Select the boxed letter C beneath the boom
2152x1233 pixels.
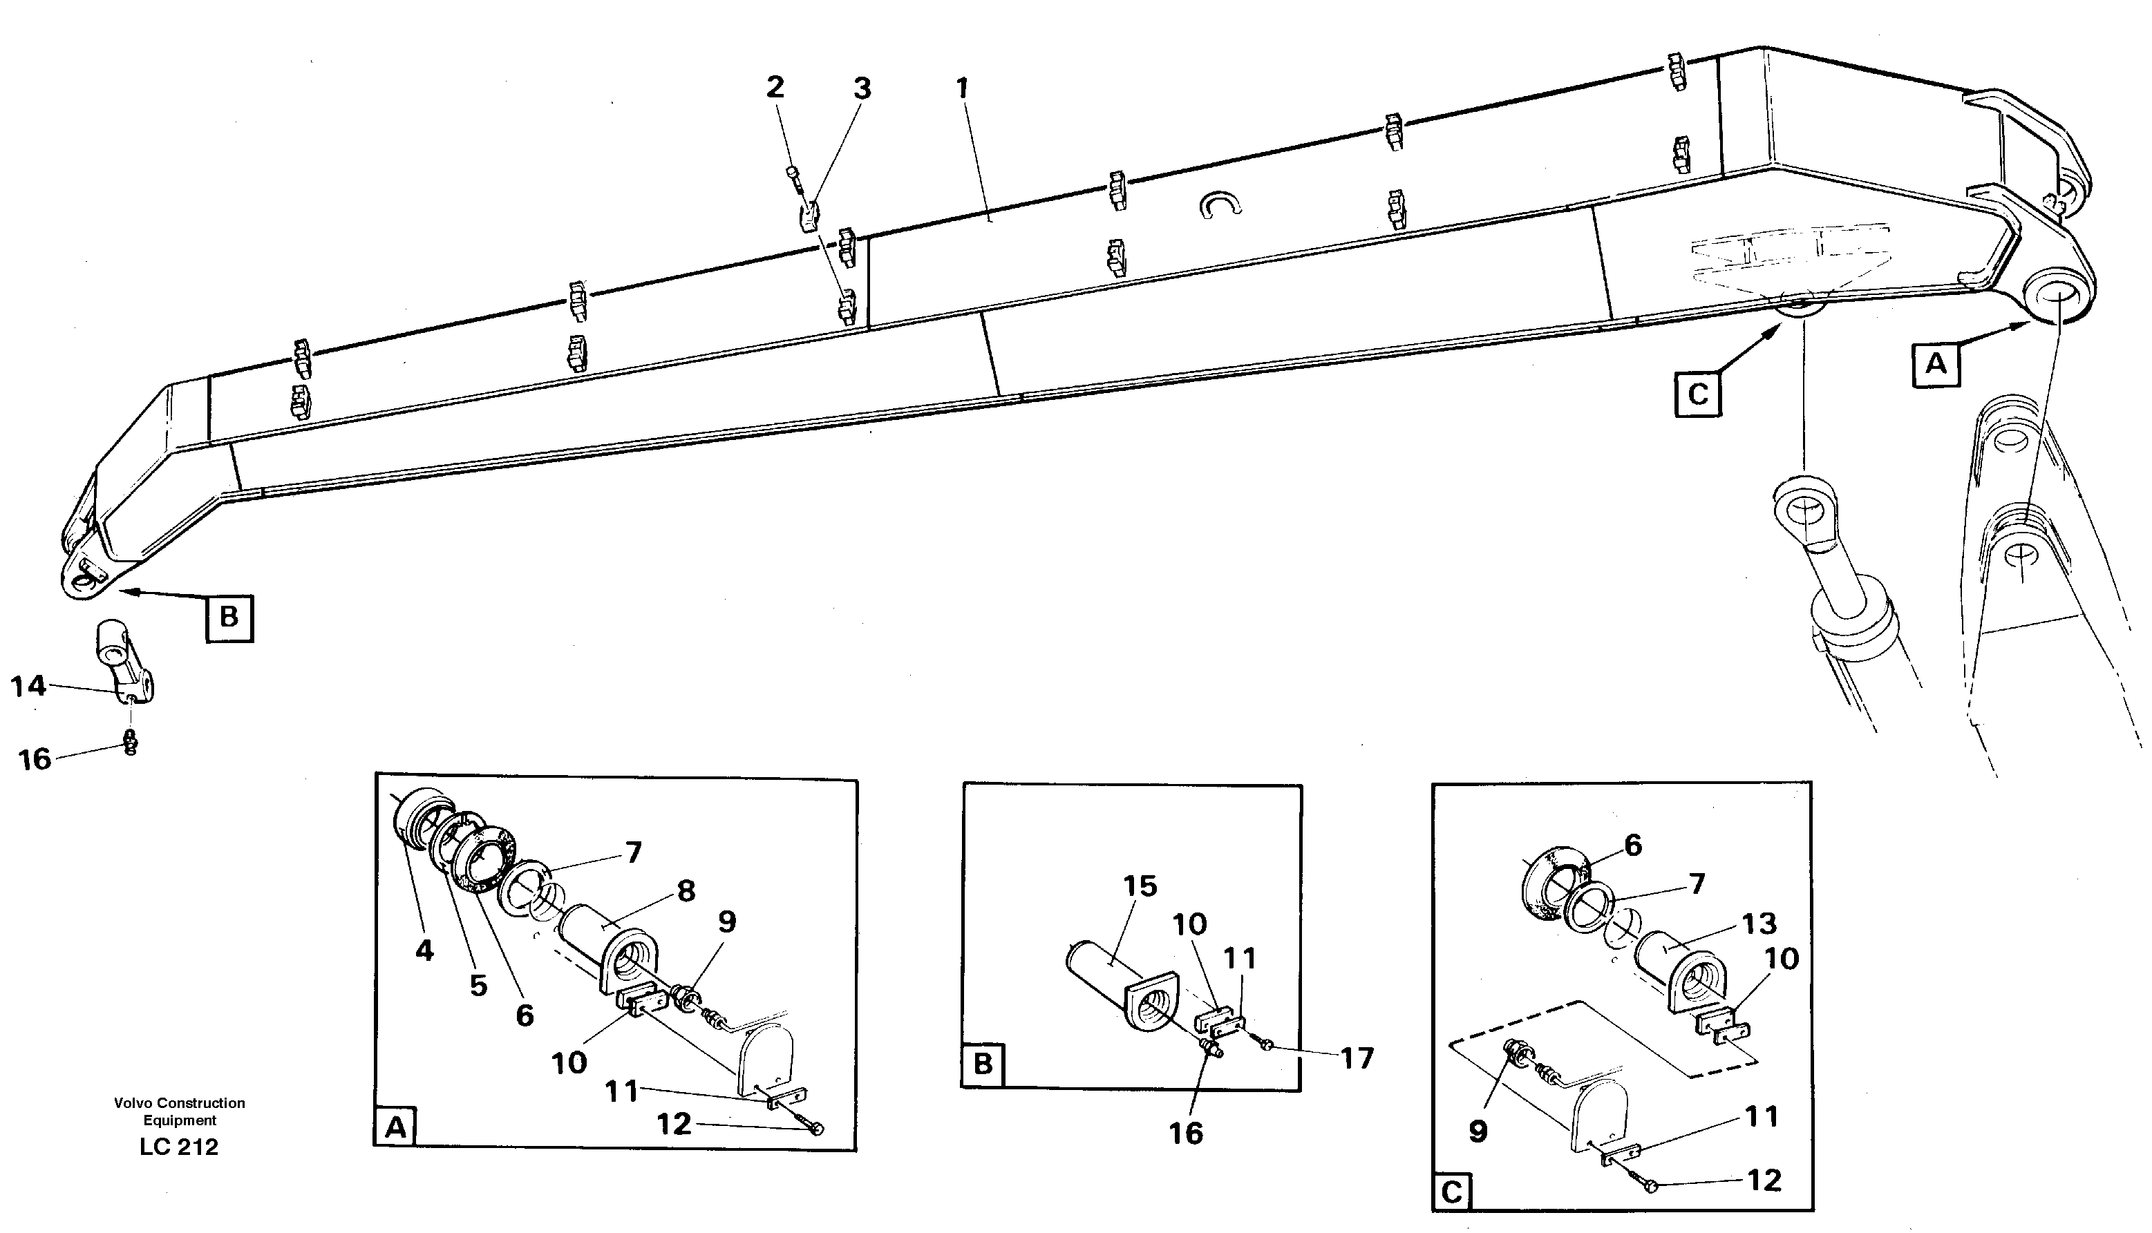coord(1698,394)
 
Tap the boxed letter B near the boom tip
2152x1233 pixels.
coord(229,618)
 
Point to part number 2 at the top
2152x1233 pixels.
coord(775,86)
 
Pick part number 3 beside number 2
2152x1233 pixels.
coord(862,88)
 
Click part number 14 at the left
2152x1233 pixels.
coord(28,685)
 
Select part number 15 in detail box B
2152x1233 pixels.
coord(1140,886)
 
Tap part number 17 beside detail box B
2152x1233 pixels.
coord(1357,1058)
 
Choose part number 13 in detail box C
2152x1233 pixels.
coord(1759,923)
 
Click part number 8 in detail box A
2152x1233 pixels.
coord(686,891)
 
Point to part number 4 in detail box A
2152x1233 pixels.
coord(424,950)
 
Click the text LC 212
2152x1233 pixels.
coord(179,1147)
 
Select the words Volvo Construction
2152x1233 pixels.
coord(179,1102)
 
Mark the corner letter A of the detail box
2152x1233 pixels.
coord(395,1128)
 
